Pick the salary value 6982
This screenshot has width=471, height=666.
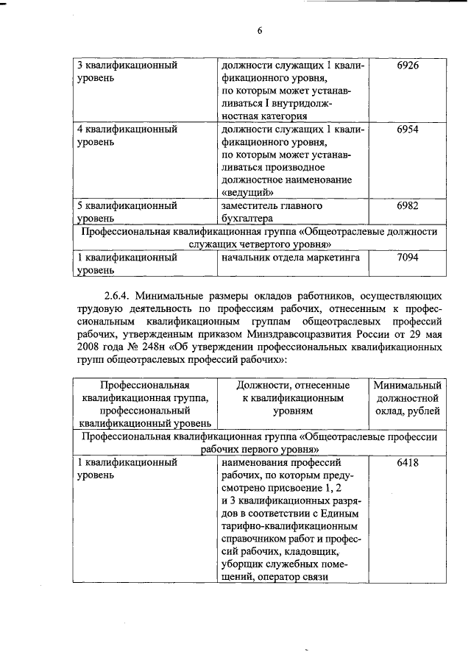pos(407,206)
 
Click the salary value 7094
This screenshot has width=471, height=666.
pos(407,258)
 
